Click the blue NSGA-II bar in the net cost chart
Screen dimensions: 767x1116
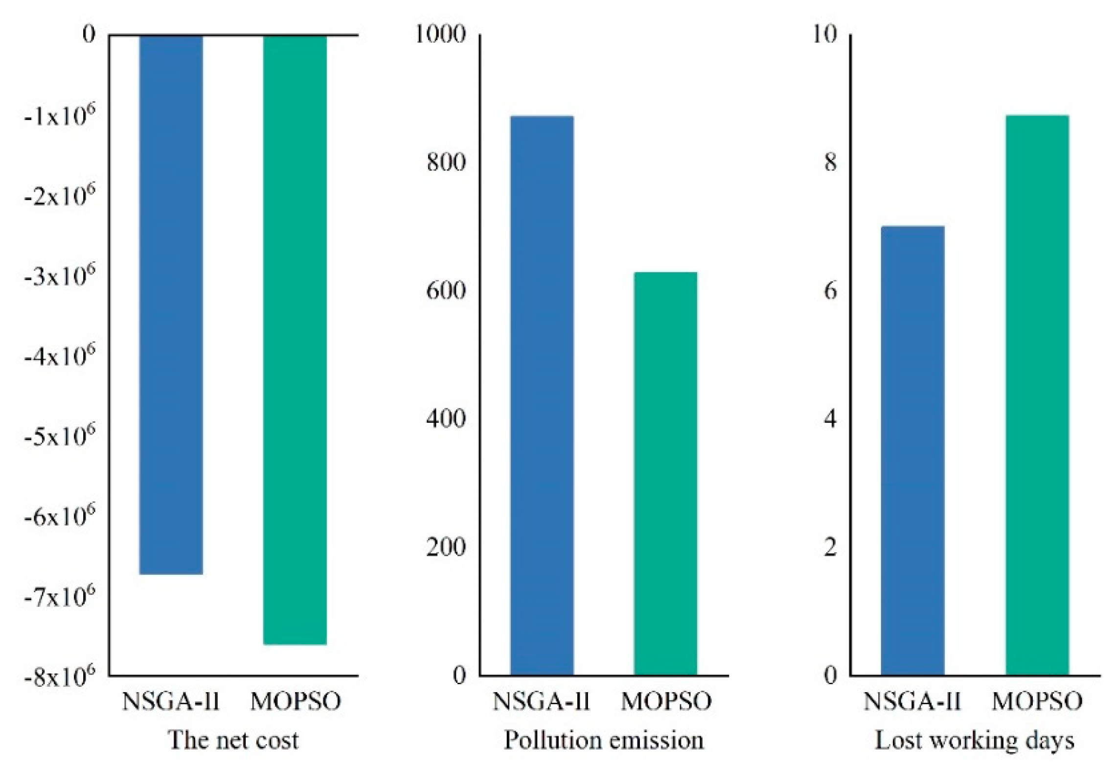pos(171,303)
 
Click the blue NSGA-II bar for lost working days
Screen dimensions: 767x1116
pos(912,450)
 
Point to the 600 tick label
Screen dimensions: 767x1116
pos(446,291)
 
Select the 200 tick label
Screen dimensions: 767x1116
pos(446,547)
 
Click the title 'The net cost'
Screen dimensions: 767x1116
pos(233,740)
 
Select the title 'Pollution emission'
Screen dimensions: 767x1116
pos(604,740)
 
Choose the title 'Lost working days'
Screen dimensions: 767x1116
pos(974,740)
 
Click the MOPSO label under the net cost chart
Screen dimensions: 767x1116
pos(295,701)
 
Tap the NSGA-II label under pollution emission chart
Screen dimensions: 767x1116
pos(541,701)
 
